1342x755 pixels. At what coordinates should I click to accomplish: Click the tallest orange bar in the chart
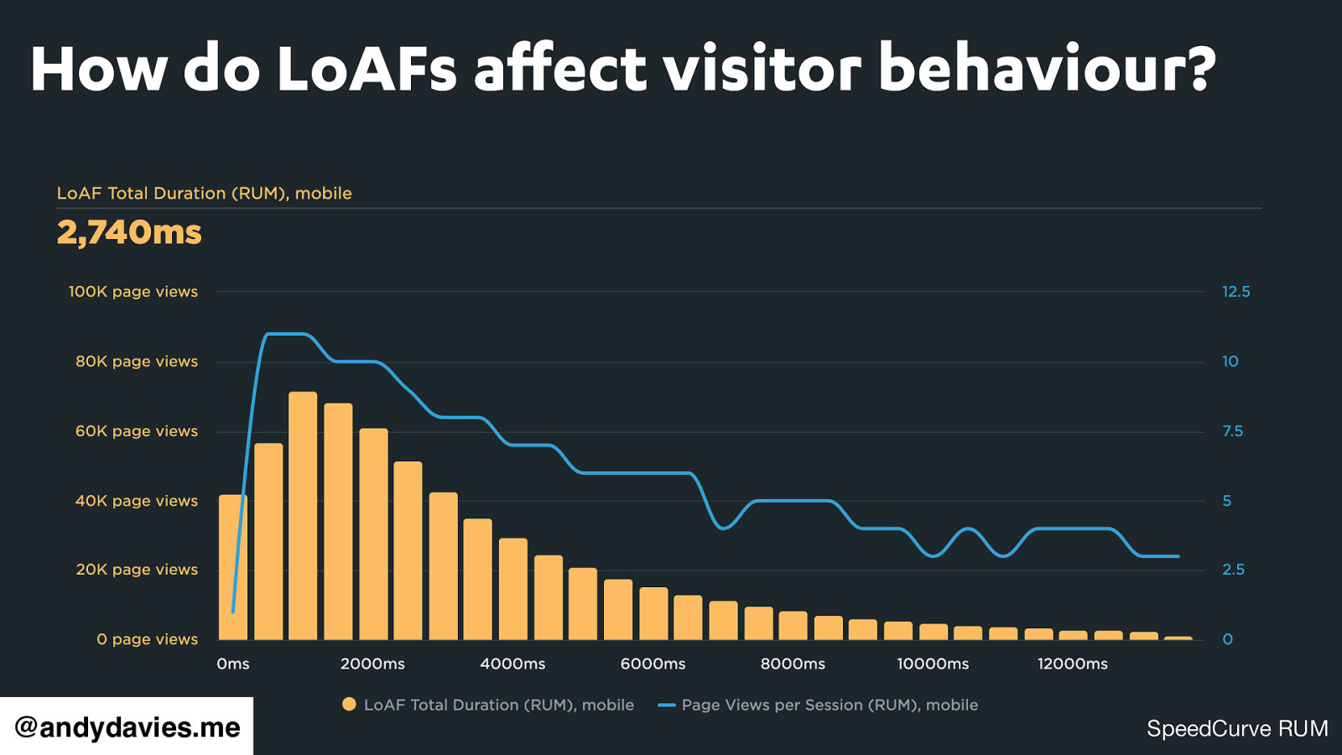coord(303,515)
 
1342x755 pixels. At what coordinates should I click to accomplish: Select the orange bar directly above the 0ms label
coord(233,567)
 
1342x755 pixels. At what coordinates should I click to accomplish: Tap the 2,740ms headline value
coord(129,232)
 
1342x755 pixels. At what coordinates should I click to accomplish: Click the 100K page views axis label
coord(133,292)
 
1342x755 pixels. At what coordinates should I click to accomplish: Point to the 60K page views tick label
coord(137,431)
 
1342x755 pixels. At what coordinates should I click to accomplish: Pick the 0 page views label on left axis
coord(147,639)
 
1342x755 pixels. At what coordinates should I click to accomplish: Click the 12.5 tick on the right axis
coord(1235,292)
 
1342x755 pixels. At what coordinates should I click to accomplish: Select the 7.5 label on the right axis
coord(1232,431)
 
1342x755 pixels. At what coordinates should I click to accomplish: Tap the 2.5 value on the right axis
coord(1233,570)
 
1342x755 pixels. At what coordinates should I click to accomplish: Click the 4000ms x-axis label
coord(512,664)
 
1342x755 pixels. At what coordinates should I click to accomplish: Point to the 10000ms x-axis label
coord(933,664)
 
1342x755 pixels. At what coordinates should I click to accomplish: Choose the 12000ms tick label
coord(1072,664)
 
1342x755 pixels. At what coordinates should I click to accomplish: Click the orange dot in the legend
coord(349,705)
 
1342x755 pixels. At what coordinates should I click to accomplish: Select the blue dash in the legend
coord(667,705)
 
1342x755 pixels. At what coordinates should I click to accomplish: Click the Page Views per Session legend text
coord(830,705)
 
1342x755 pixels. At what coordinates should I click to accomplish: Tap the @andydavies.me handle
coord(127,727)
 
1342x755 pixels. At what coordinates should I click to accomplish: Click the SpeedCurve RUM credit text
coord(1237,728)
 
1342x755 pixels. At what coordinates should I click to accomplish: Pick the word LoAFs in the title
coord(367,69)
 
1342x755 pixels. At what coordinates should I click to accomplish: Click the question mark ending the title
coord(1199,69)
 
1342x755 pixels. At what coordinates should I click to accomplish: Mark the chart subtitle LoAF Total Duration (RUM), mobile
coord(204,193)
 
